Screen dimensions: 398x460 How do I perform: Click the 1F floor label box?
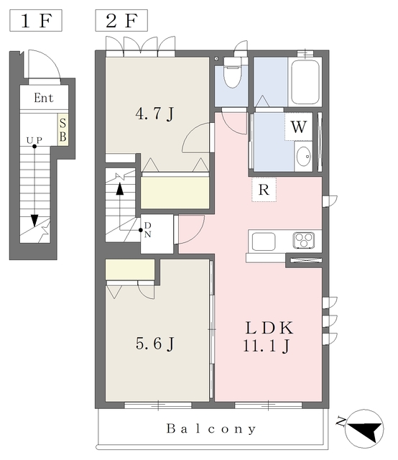tap(36, 21)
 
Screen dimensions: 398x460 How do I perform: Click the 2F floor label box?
tap(121, 21)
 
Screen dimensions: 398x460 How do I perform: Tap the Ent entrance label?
tap(44, 98)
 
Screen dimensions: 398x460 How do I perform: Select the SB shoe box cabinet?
tap(63, 129)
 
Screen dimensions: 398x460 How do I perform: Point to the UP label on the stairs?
tap(34, 140)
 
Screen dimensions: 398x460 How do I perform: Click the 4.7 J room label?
tap(154, 114)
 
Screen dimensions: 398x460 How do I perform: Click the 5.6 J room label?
tap(155, 344)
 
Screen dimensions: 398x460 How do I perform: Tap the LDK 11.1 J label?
tap(269, 336)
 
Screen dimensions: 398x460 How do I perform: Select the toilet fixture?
tap(232, 73)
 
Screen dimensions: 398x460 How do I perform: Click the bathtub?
tap(305, 82)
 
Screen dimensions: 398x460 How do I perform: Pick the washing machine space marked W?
tap(299, 126)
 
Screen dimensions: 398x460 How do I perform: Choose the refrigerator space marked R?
tap(264, 190)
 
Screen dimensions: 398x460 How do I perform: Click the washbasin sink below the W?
tap(304, 156)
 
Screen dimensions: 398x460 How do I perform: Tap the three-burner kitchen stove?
tap(304, 240)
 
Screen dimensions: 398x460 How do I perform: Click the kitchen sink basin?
tap(264, 241)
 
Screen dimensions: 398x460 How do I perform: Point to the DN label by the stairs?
tap(148, 230)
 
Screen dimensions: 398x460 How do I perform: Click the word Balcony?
tap(211, 429)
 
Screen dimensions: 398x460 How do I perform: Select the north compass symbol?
tap(364, 428)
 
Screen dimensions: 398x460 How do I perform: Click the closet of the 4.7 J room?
tap(175, 193)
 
